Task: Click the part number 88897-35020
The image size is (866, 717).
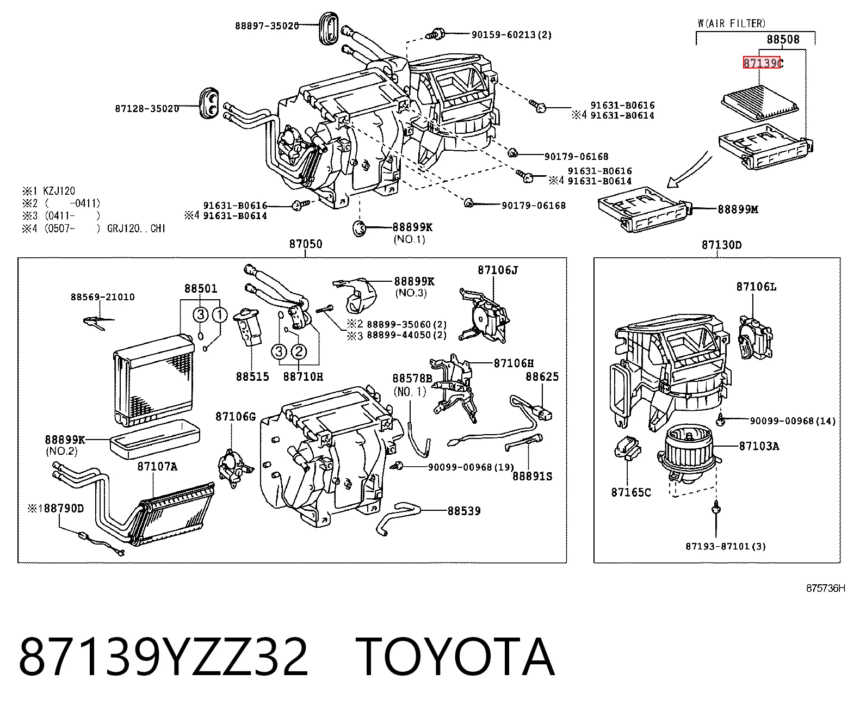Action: pyautogui.click(x=267, y=26)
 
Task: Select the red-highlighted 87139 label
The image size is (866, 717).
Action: pyautogui.click(x=762, y=63)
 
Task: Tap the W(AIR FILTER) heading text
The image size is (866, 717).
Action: pyautogui.click(x=732, y=23)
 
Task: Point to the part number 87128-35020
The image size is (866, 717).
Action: pyautogui.click(x=147, y=109)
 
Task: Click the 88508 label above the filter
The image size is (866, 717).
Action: pyautogui.click(x=783, y=39)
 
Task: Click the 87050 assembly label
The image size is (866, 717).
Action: pyautogui.click(x=306, y=244)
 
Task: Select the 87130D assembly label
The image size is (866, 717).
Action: pyautogui.click(x=722, y=245)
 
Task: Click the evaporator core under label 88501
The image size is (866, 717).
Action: pyautogui.click(x=153, y=381)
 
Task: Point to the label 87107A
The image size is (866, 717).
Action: pyautogui.click(x=157, y=466)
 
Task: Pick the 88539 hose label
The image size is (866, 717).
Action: pyautogui.click(x=464, y=511)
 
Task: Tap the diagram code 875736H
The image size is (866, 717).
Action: pyautogui.click(x=825, y=588)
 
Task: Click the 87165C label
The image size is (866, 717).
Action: pyautogui.click(x=631, y=492)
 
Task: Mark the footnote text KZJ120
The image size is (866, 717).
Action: pyautogui.click(x=59, y=191)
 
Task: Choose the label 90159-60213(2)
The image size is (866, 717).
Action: pyautogui.click(x=511, y=35)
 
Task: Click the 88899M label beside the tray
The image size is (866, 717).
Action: pyautogui.click(x=738, y=209)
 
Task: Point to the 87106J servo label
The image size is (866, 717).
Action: pyautogui.click(x=498, y=270)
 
